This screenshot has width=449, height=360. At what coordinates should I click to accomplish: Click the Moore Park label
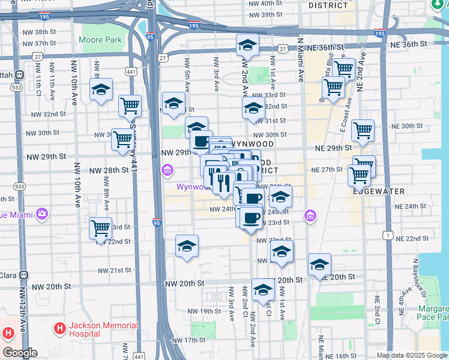point(100,40)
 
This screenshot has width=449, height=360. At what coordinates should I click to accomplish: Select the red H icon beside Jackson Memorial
point(59,329)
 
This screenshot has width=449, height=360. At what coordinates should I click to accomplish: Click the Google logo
point(20,353)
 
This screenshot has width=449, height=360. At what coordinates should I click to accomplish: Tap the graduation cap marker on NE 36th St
point(246,46)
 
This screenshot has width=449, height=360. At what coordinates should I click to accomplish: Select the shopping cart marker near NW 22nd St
point(100,228)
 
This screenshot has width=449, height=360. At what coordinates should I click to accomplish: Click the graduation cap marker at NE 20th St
point(319,264)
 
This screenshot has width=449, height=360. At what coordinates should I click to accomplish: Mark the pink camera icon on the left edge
point(41,214)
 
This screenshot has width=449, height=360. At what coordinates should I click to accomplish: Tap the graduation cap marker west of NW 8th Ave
point(101,90)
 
